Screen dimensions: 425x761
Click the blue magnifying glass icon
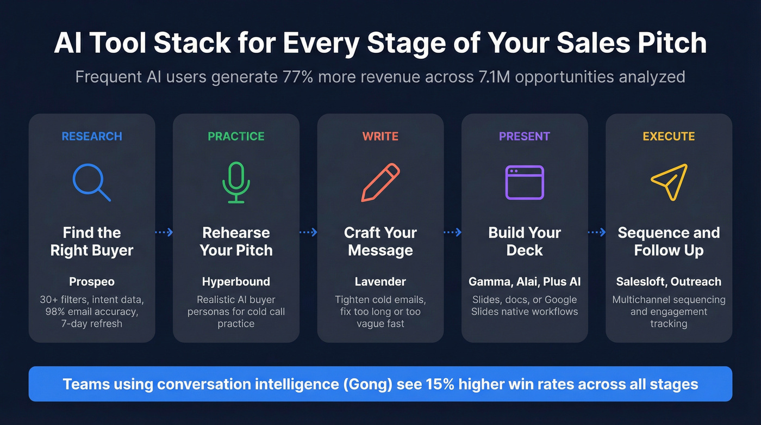click(91, 182)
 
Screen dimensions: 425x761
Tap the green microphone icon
click(236, 182)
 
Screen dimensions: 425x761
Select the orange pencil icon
click(380, 182)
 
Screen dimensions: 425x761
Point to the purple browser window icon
click(525, 182)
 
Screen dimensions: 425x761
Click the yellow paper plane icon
click(669, 182)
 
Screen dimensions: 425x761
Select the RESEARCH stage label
click(92, 136)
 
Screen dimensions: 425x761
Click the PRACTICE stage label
click(236, 136)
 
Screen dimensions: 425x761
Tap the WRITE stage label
click(380, 136)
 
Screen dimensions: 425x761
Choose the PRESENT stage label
click(525, 136)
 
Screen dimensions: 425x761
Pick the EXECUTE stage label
click(669, 136)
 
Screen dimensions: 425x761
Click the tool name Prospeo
click(92, 282)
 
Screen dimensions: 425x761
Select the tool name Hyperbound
click(236, 282)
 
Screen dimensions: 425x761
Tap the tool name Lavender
click(380, 282)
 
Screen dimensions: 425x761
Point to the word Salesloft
click(640, 282)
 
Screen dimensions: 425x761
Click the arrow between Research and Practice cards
click(164, 232)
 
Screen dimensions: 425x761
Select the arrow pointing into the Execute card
click(597, 232)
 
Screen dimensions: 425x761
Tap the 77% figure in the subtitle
click(298, 77)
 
